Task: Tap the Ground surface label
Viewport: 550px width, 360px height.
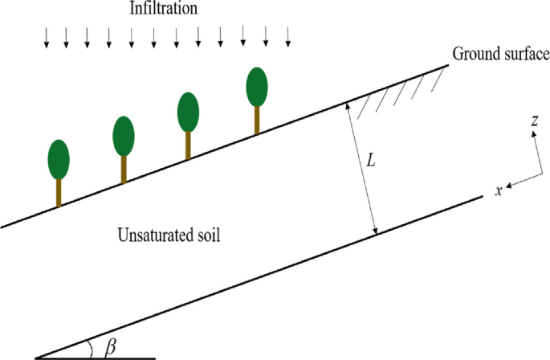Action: tap(500, 55)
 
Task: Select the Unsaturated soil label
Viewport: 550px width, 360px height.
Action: tap(169, 236)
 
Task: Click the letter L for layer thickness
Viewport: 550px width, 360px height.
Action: tap(370, 161)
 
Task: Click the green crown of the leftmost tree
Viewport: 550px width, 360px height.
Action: tap(59, 159)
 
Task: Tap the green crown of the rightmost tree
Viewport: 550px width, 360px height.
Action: tap(257, 87)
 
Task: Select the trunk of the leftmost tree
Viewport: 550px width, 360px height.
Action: tap(59, 192)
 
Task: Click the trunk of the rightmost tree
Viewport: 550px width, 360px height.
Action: tap(257, 120)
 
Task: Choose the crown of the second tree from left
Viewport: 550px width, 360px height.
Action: tap(123, 136)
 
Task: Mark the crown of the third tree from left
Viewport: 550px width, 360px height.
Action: tap(188, 111)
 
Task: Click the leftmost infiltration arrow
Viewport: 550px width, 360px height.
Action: tap(47, 38)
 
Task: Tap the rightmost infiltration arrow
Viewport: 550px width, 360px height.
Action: tap(288, 38)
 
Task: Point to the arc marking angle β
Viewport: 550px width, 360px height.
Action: tap(91, 347)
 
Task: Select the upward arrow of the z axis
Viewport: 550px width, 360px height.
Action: tap(533, 145)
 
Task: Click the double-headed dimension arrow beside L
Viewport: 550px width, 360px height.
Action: tap(361, 169)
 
